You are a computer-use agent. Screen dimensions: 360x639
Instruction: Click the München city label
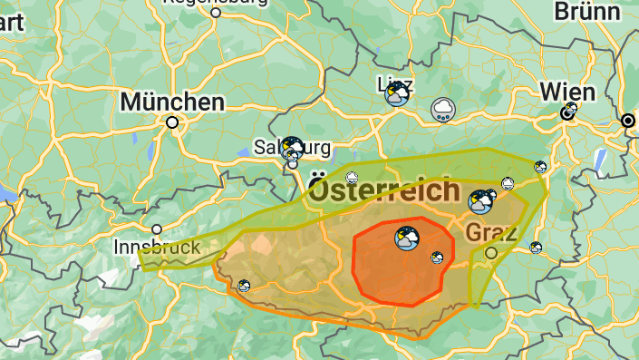[172, 102]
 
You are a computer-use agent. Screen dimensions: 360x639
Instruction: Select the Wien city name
[568, 92]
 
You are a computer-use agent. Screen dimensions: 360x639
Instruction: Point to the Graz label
[491, 232]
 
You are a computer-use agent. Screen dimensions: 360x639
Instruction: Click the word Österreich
[384, 191]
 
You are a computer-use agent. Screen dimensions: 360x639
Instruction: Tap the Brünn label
[587, 11]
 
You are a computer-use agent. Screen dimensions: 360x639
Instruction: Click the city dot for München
[172, 122]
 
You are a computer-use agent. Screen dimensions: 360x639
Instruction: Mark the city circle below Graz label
[491, 253]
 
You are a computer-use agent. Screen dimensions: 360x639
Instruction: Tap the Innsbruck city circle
[157, 229]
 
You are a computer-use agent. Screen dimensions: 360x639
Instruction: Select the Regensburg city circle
[215, 13]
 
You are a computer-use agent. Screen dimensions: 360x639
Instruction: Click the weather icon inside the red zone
[407, 238]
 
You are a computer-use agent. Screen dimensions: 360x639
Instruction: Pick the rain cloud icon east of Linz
[443, 110]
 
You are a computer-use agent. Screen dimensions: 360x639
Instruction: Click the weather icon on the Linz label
[397, 93]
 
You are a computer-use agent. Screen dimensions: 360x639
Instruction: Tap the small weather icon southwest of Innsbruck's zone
[244, 286]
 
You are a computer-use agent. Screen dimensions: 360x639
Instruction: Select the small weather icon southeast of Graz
[536, 247]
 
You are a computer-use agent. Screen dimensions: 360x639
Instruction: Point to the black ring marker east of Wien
[628, 120]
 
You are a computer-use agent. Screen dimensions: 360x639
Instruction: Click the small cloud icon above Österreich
[353, 176]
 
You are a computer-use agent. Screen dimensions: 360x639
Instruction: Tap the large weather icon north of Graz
[480, 201]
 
